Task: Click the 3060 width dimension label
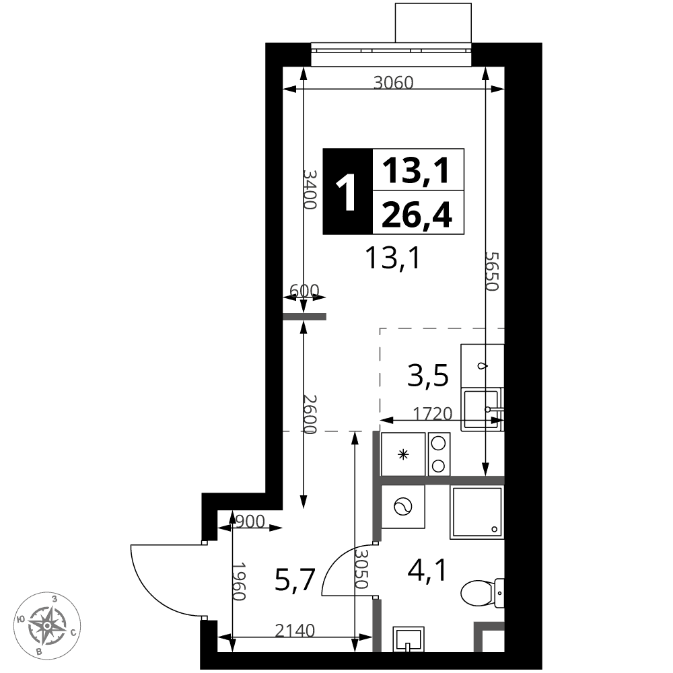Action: (x=393, y=82)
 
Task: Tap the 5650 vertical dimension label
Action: (x=492, y=271)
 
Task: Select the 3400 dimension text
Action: (x=310, y=189)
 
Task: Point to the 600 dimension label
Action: (x=304, y=291)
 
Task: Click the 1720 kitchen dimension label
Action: (x=433, y=414)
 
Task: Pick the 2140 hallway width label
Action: (x=295, y=631)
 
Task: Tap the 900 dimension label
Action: (x=250, y=522)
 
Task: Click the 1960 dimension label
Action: (x=238, y=581)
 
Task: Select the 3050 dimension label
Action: (x=362, y=569)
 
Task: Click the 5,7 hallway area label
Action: (x=295, y=579)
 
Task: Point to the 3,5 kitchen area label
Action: (x=428, y=375)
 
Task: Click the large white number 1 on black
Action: (x=347, y=192)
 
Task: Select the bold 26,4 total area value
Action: (x=417, y=215)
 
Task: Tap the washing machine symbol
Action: (x=402, y=507)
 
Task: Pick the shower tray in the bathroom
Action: (x=477, y=512)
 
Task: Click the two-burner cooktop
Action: (x=439, y=454)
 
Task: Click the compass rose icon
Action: (x=47, y=625)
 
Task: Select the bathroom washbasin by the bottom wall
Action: (x=409, y=639)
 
